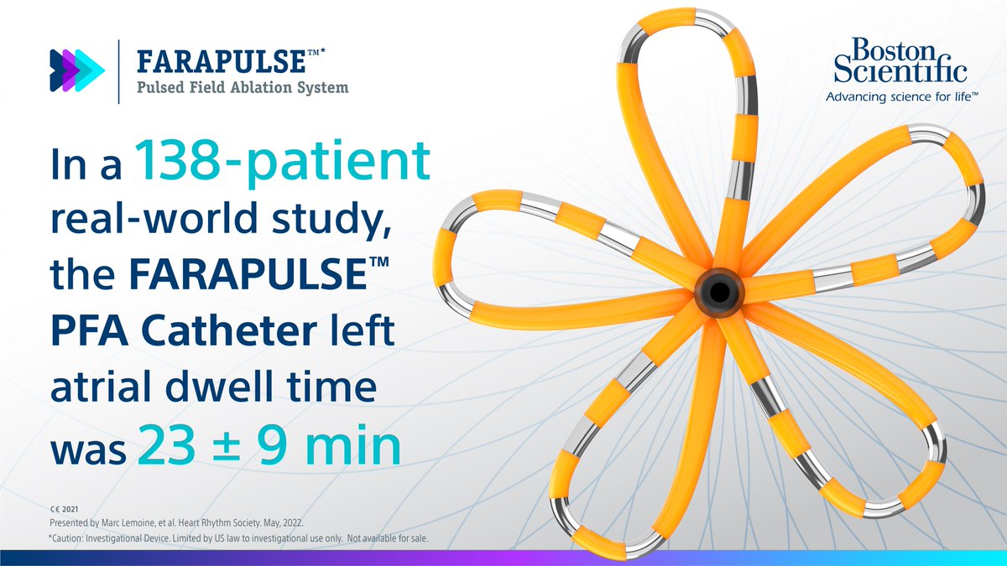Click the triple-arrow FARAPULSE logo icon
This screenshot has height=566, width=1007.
[x=77, y=70]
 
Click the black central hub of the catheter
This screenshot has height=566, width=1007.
[x=717, y=293]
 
